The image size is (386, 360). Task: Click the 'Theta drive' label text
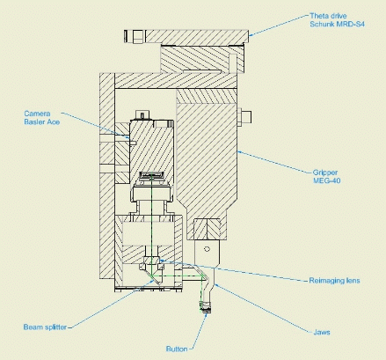(x=328, y=16)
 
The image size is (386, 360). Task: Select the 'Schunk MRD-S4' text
(x=337, y=24)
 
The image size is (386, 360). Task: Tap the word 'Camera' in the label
(x=37, y=114)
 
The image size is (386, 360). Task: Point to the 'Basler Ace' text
(x=42, y=121)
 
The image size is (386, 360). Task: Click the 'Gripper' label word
(x=325, y=173)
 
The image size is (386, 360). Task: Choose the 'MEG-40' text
(x=327, y=180)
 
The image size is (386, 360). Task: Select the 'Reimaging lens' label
(x=334, y=281)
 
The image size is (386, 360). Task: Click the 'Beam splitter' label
(x=45, y=327)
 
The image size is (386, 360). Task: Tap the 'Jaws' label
(x=322, y=333)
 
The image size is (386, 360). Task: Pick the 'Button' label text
(x=177, y=349)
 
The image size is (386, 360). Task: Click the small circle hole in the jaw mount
(x=207, y=249)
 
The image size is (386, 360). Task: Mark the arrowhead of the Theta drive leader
(x=251, y=34)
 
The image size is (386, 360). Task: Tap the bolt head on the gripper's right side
(x=244, y=117)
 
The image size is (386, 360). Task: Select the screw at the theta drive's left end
(x=135, y=37)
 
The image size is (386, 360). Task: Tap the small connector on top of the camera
(x=142, y=114)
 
